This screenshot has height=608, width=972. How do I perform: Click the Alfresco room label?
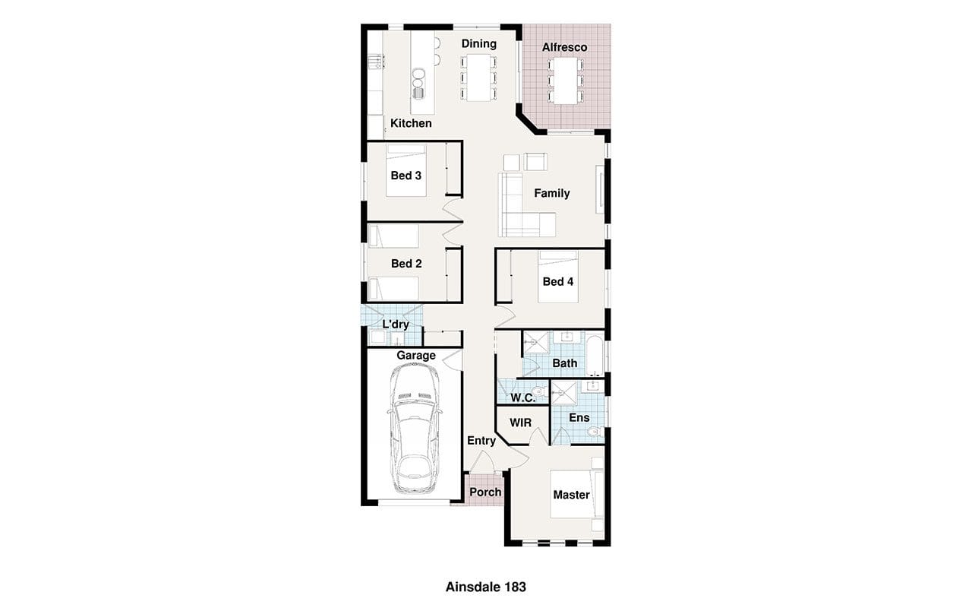click(564, 47)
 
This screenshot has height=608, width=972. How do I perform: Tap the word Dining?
click(478, 44)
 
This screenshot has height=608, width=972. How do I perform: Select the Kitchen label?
click(411, 123)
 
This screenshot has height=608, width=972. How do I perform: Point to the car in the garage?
click(415, 429)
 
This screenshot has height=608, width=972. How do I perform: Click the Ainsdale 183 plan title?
click(485, 587)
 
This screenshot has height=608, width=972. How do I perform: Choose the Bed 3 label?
click(406, 176)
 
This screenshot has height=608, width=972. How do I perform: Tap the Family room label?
click(552, 193)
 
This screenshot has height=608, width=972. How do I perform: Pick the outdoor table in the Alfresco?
click(565, 81)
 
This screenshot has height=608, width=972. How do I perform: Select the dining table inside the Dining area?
click(478, 78)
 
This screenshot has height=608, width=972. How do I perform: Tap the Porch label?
click(485, 492)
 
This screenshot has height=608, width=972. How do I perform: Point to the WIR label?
click(520, 423)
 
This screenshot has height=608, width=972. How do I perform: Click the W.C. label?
click(523, 397)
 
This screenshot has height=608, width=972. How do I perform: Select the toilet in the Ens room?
click(594, 432)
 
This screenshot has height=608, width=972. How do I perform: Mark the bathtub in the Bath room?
click(595, 355)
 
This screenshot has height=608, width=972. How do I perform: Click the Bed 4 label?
click(558, 282)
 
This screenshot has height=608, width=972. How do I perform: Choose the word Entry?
click(481, 441)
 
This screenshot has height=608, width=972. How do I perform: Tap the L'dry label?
click(396, 325)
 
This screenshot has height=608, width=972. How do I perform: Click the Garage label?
click(415, 356)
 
